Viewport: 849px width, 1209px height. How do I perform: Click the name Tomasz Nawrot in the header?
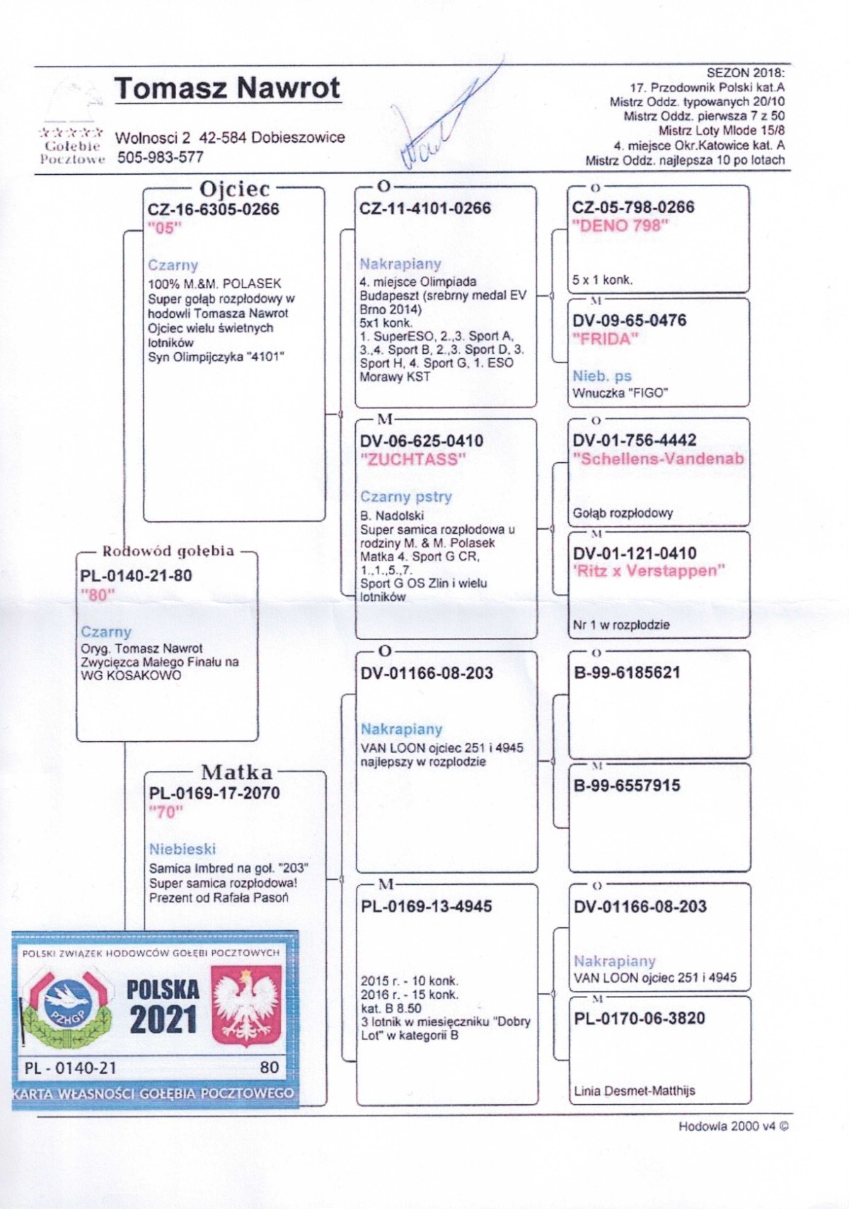(227, 88)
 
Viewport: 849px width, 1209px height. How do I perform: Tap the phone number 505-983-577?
(160, 157)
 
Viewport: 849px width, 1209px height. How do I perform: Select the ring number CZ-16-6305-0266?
(213, 210)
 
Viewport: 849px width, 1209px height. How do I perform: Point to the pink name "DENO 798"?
(620, 226)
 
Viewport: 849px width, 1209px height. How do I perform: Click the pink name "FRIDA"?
(605, 339)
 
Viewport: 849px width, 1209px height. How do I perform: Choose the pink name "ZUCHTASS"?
(412, 459)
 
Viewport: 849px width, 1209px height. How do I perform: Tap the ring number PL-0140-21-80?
(136, 575)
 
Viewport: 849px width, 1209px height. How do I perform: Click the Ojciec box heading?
(235, 189)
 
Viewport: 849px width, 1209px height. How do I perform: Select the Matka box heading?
(236, 772)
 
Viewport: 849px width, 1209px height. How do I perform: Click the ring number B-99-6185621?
(627, 672)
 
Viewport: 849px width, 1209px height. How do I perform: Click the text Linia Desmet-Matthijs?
(634, 1091)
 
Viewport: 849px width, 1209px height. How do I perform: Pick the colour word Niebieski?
(183, 849)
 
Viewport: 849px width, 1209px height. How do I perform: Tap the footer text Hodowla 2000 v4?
(732, 1126)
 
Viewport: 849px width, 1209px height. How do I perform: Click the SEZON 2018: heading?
(745, 73)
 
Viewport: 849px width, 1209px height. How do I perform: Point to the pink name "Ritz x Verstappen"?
(648, 571)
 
